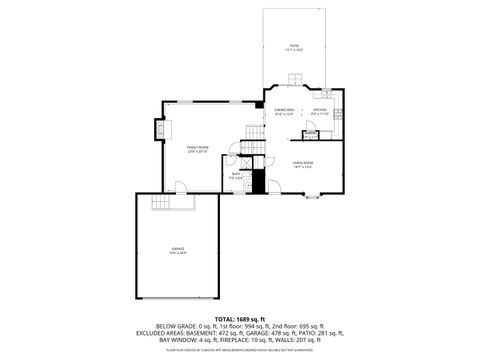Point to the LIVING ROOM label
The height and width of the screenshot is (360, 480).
point(303,164)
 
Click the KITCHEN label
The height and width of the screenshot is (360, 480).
point(319,111)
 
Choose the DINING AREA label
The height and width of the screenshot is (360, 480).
point(284,111)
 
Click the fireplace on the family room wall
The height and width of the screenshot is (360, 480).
point(158,130)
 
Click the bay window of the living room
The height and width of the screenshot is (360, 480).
point(311,198)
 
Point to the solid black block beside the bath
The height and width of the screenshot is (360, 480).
point(258,182)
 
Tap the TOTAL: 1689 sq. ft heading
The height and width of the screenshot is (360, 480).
point(239,317)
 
